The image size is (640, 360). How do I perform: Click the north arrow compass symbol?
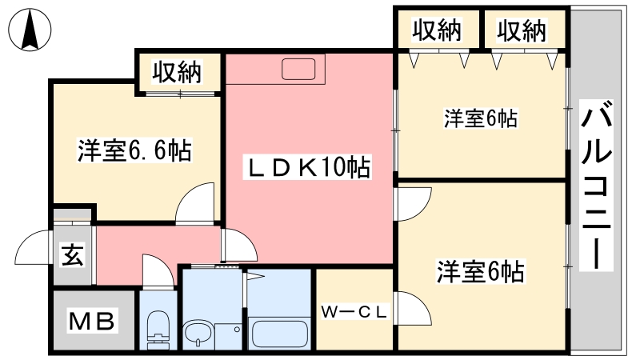click(x=30, y=30)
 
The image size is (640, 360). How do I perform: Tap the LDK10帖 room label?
click(x=307, y=166)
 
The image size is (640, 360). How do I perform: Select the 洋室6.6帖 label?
click(x=134, y=150)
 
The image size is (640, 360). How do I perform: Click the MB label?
click(x=91, y=321)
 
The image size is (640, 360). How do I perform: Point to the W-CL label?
click(x=354, y=312)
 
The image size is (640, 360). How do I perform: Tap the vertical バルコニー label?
click(x=596, y=186)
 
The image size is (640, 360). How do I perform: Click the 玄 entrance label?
click(x=73, y=254)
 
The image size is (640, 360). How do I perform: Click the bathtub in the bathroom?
click(x=279, y=333)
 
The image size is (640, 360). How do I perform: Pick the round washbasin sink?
click(x=198, y=333)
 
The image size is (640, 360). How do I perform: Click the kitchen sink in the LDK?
click(x=298, y=69)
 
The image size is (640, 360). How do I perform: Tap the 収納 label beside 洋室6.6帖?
click(x=177, y=72)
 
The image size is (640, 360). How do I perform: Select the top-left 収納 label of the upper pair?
click(x=436, y=30)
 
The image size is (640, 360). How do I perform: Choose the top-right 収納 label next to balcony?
click(x=522, y=30)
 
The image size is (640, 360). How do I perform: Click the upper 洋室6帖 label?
click(x=481, y=118)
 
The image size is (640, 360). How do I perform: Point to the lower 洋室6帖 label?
click(x=481, y=271)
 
